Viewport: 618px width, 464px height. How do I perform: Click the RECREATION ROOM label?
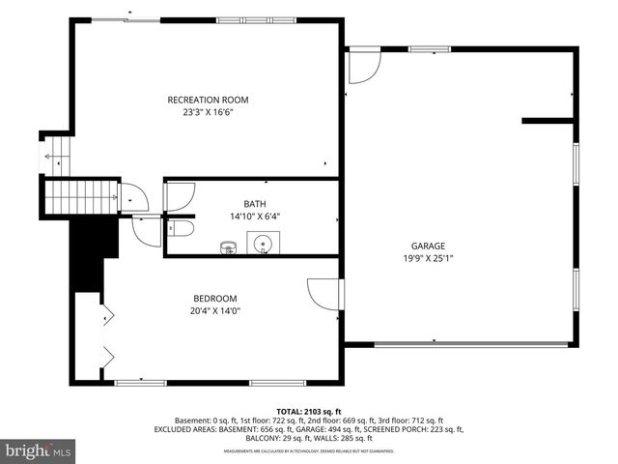pyautogui.click(x=208, y=100)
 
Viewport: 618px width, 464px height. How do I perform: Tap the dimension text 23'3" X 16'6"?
pyautogui.click(x=208, y=112)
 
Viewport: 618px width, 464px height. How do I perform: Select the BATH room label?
pyautogui.click(x=254, y=203)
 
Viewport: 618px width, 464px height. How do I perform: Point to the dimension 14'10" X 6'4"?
pyautogui.click(x=254, y=216)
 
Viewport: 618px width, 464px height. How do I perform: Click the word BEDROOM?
pyautogui.click(x=214, y=298)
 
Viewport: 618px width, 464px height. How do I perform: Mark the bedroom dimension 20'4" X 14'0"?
pyautogui.click(x=214, y=310)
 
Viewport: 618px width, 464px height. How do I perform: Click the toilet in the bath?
pyautogui.click(x=181, y=229)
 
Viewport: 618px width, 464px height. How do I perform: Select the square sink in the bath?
pyautogui.click(x=263, y=246)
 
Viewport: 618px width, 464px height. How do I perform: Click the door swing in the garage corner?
pyautogui.click(x=364, y=66)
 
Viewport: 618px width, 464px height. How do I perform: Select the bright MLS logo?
pyautogui.click(x=39, y=450)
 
